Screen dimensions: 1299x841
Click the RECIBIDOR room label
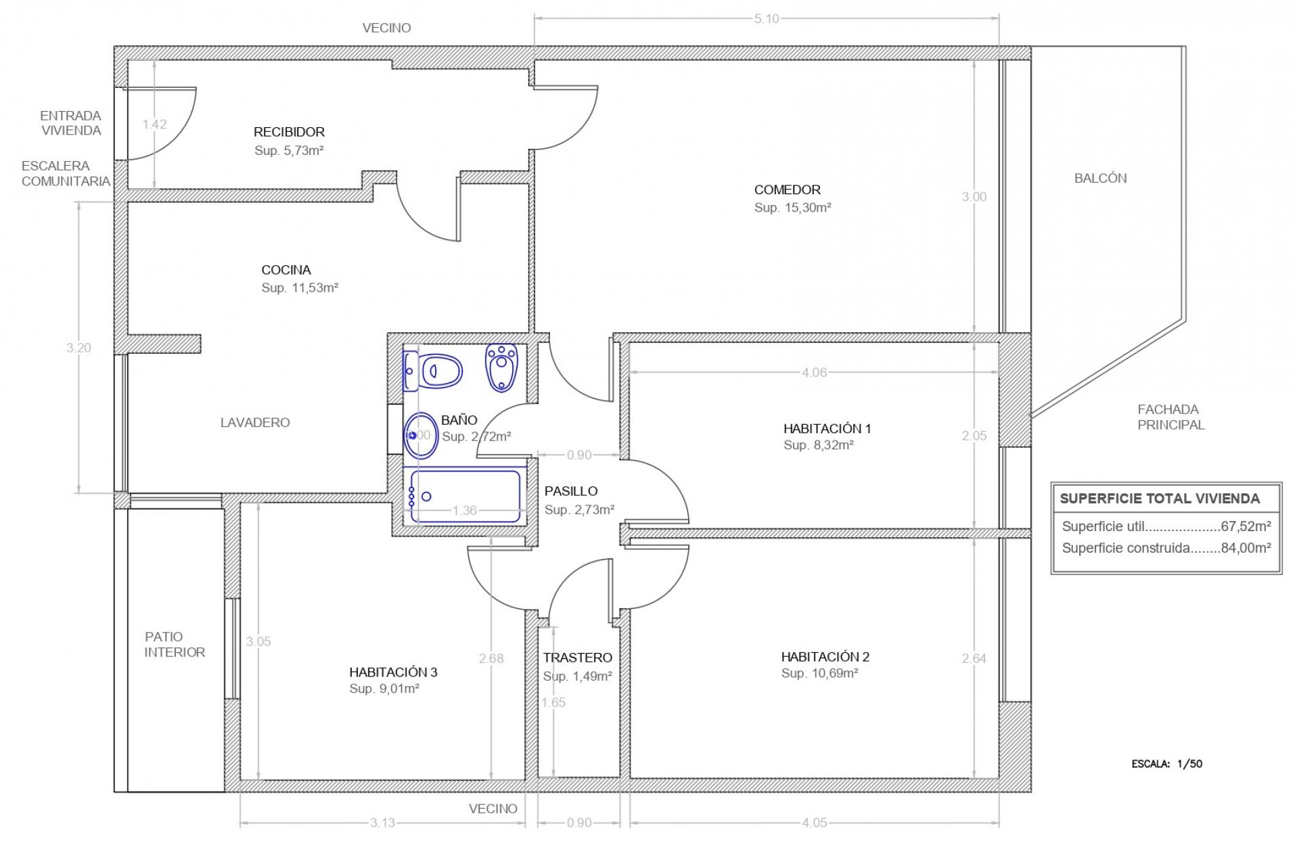(x=289, y=132)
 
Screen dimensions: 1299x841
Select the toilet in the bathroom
(x=432, y=371)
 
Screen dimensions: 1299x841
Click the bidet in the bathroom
(x=501, y=367)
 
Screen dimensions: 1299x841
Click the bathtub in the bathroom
(x=464, y=496)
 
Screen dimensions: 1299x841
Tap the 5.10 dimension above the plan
(x=767, y=19)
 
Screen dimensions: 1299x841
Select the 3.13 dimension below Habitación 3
(x=382, y=823)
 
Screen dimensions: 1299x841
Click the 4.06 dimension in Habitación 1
(x=814, y=372)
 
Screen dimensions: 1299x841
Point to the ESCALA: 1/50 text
(x=1167, y=764)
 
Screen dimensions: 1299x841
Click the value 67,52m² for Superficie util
(x=1246, y=526)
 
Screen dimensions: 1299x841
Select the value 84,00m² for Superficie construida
(x=1246, y=548)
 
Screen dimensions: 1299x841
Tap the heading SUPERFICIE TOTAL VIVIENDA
(x=1160, y=499)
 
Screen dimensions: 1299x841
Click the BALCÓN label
(x=1101, y=179)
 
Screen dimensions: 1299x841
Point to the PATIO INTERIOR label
(x=175, y=644)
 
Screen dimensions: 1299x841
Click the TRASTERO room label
(x=577, y=658)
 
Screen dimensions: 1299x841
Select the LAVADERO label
(x=255, y=423)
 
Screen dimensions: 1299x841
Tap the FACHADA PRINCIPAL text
(x=1170, y=417)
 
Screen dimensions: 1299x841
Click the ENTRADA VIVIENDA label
(x=71, y=123)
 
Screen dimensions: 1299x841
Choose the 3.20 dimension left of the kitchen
(x=78, y=348)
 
